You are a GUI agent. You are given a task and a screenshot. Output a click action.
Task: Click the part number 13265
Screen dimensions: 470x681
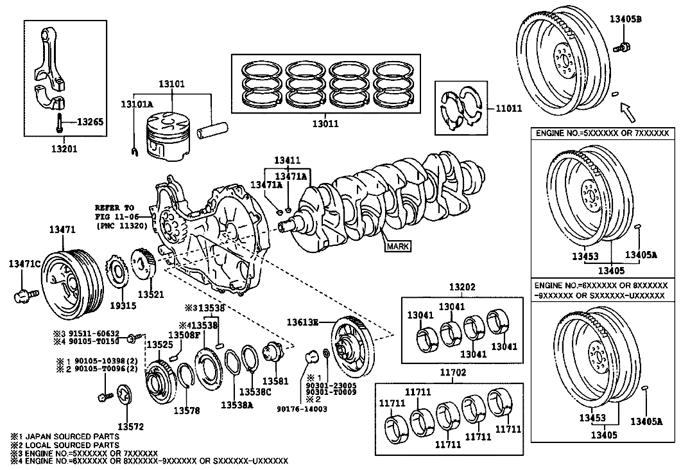pos(91,121)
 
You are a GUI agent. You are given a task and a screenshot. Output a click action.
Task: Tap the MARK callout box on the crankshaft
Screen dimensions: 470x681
pos(397,245)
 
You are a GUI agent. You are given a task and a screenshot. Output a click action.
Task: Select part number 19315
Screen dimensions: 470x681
pos(123,306)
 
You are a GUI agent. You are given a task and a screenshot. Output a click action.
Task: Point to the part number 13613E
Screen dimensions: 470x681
pos(303,321)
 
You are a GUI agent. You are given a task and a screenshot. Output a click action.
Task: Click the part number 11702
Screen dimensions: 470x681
pos(453,372)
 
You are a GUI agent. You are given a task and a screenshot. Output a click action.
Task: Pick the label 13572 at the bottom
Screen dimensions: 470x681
pos(130,426)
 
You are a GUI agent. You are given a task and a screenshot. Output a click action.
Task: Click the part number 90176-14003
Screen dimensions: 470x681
pos(302,409)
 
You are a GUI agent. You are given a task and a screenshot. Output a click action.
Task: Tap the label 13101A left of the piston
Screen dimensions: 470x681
pos(137,103)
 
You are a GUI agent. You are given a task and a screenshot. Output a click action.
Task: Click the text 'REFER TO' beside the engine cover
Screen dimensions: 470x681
pos(114,208)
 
